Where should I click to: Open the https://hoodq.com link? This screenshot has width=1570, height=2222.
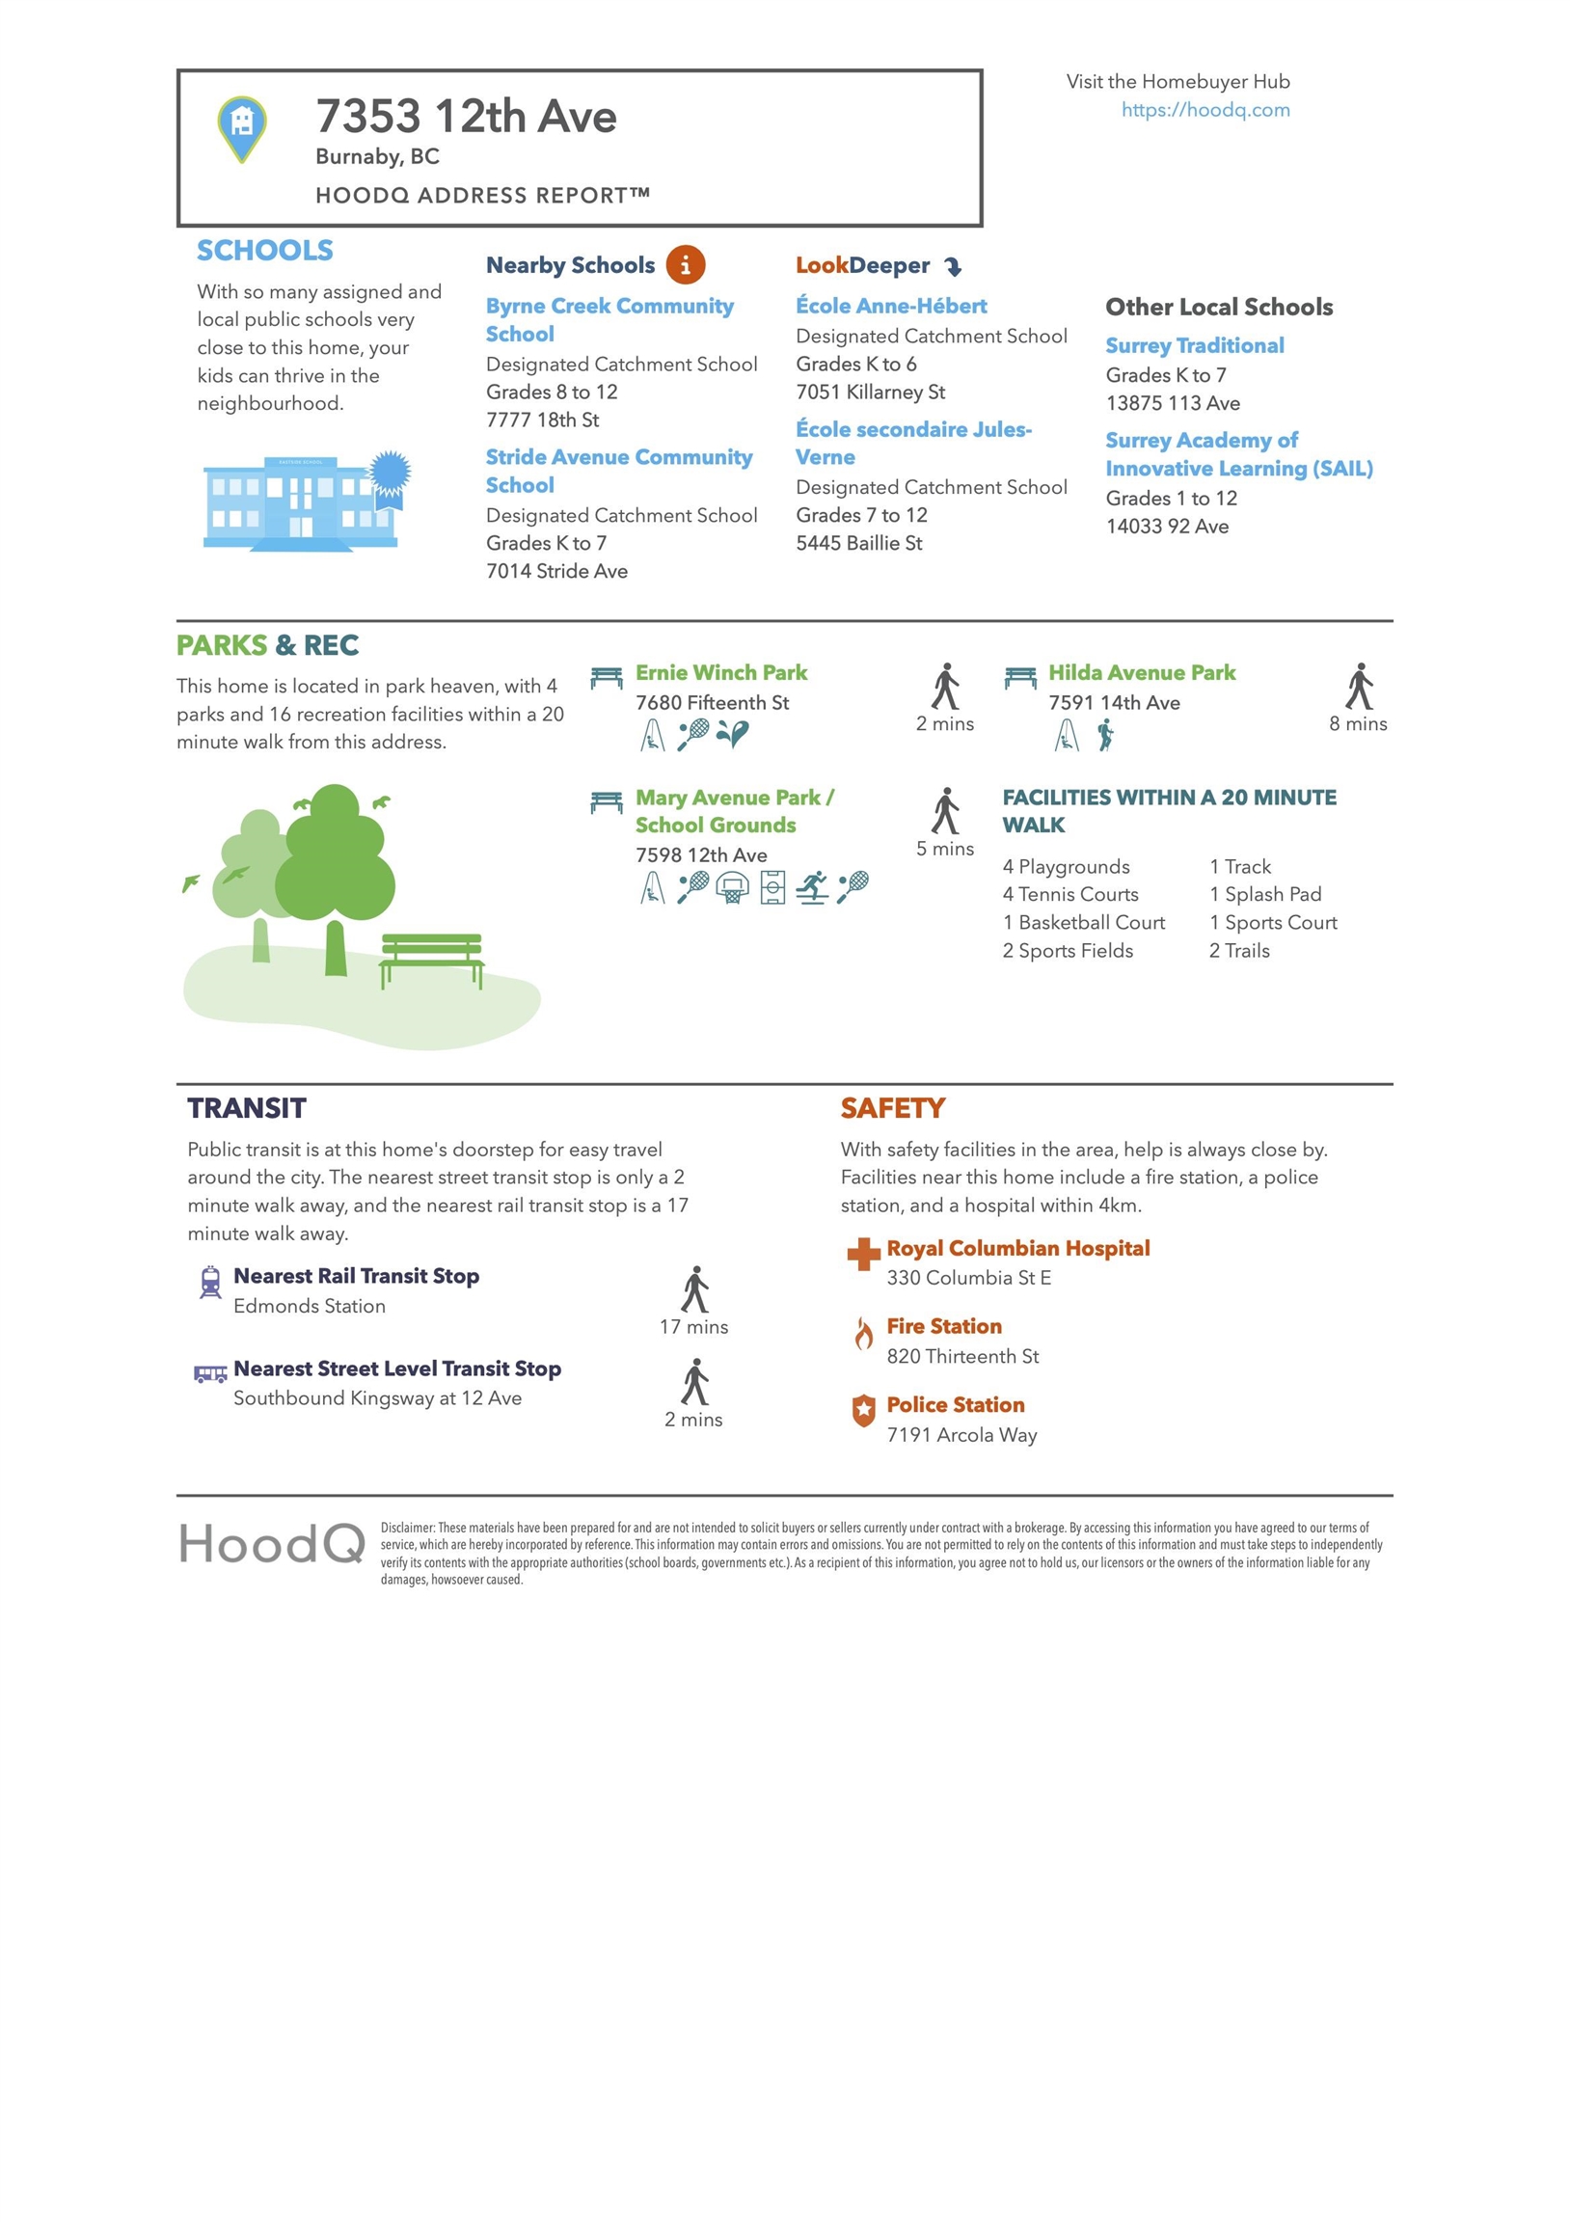(1205, 109)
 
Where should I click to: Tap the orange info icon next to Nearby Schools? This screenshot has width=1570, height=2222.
(686, 264)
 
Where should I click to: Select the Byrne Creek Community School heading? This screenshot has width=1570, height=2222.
(609, 319)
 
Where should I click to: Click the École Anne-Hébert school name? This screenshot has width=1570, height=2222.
(890, 306)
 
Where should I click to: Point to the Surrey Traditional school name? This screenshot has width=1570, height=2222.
(1195, 345)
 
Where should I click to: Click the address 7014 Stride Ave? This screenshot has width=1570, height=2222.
(556, 571)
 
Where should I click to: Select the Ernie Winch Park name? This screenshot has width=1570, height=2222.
(721, 672)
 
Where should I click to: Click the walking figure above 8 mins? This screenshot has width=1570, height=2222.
(1359, 686)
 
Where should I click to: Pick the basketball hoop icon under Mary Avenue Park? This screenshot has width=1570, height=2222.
(733, 886)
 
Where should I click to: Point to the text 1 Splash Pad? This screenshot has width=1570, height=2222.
(1265, 894)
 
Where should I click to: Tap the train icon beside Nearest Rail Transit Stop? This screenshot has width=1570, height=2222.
(210, 1282)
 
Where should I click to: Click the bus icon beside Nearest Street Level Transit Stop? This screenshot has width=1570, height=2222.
(210, 1373)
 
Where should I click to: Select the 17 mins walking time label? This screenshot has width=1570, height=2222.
(693, 1327)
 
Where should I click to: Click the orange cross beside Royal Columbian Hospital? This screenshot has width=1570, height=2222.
(862, 1255)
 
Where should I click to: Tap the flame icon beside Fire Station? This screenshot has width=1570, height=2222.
(863, 1334)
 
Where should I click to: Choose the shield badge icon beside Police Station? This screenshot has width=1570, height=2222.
(863, 1411)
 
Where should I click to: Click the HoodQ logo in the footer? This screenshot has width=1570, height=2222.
(272, 1544)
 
